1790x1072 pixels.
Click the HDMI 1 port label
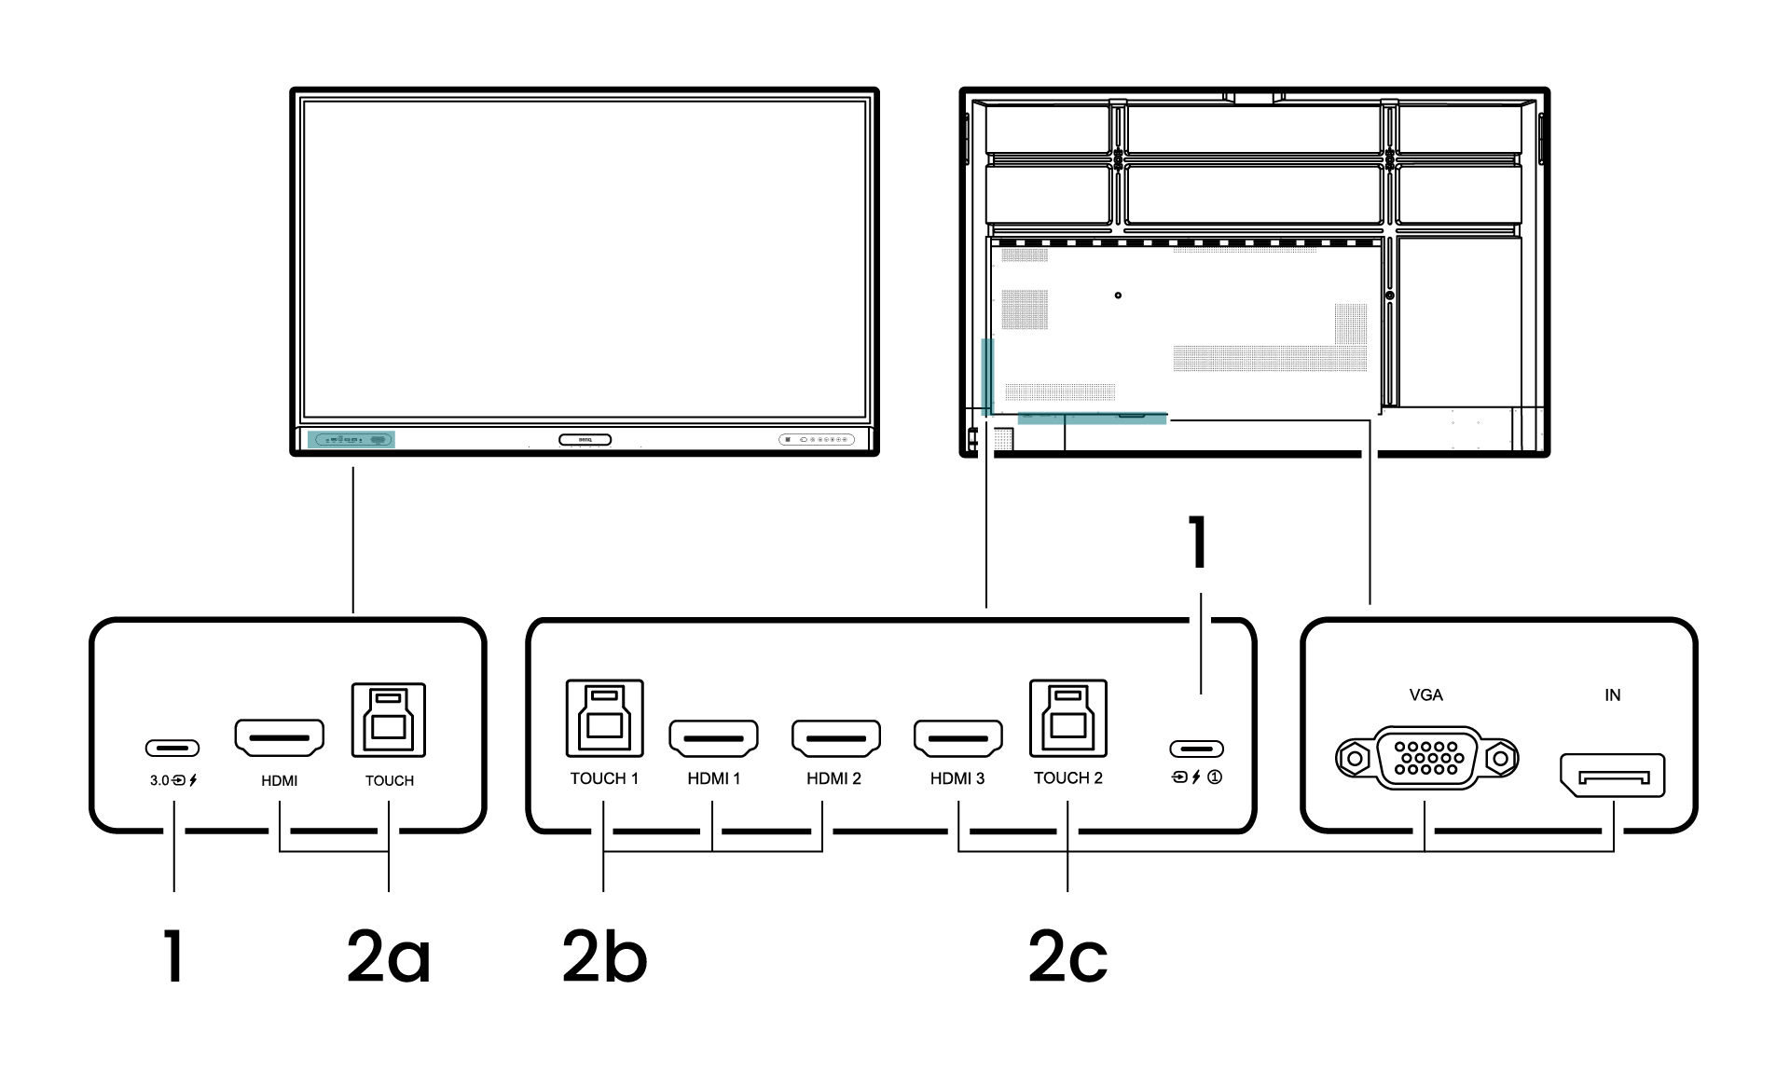[x=714, y=778]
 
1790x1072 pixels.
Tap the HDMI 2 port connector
[x=836, y=739]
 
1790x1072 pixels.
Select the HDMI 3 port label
[x=957, y=778]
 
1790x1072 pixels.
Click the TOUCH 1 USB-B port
[x=604, y=718]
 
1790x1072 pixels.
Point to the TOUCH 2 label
[x=1067, y=778]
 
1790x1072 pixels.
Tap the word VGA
[x=1426, y=694]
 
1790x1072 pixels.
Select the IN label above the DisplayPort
[x=1612, y=694]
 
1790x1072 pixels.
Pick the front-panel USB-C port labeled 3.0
[x=172, y=748]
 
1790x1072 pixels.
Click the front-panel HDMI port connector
[x=279, y=737]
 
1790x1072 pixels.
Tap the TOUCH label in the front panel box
[x=389, y=781]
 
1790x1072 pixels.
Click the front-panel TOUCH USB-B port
[x=389, y=721]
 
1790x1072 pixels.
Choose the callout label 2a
[x=389, y=957]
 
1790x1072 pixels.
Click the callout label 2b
[x=604, y=957]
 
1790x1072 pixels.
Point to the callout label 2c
[x=1068, y=957]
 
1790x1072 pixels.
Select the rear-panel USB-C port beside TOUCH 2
[x=1196, y=749]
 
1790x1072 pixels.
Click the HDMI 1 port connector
[x=713, y=739]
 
